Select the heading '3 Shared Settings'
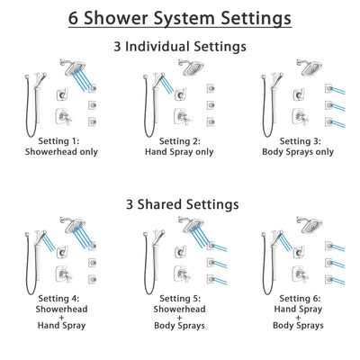tap(180, 204)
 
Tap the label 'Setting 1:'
tap(63, 141)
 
